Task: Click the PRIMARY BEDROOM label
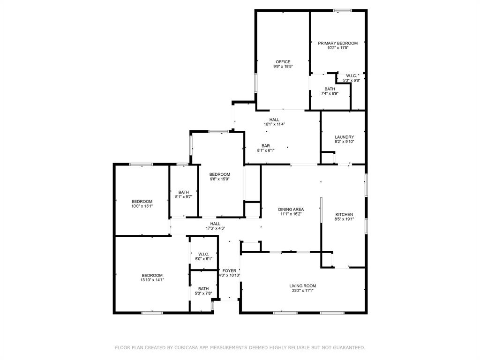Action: [337, 43]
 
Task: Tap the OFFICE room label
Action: [283, 62]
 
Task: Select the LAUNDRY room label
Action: [344, 137]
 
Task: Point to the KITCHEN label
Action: [344, 215]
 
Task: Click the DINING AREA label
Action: [291, 210]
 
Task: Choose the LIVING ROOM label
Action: [302, 286]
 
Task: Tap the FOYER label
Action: [229, 271]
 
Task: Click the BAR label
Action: [266, 146]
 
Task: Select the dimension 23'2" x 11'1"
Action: [302, 291]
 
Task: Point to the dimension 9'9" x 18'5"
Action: [283, 67]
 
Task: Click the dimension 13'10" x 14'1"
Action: [152, 280]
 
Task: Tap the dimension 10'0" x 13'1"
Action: [142, 206]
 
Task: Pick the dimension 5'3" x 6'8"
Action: [352, 80]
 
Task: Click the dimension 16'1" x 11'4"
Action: [275, 124]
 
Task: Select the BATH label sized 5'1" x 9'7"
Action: [184, 192]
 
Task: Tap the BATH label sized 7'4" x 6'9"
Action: [330, 89]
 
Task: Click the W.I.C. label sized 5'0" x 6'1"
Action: [203, 254]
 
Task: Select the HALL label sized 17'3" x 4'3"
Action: [215, 224]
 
